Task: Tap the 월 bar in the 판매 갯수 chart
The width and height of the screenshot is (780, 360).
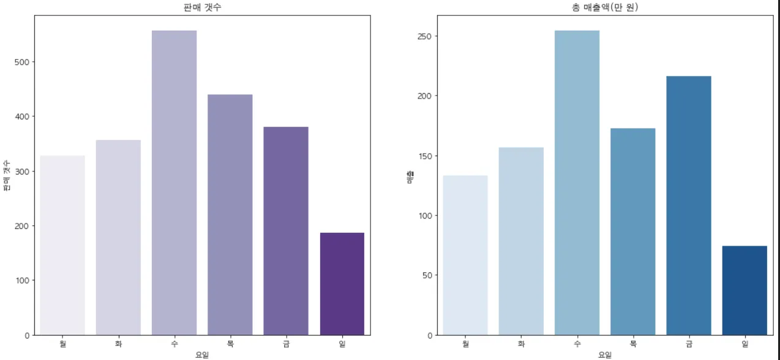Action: coord(62,245)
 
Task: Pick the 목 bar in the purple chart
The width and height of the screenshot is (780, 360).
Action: coord(230,214)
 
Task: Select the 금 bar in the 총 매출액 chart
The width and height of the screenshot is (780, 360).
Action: coord(689,205)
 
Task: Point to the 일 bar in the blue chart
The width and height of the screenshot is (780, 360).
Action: coord(744,290)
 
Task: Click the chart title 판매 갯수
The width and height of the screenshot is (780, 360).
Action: coord(202,7)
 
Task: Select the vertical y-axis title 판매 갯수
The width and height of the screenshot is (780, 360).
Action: coord(7,176)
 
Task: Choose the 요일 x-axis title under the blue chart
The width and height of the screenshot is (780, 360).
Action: coord(605,354)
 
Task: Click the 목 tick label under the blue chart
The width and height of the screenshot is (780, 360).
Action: coord(633,344)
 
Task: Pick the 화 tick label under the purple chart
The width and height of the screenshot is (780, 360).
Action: coord(118,344)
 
